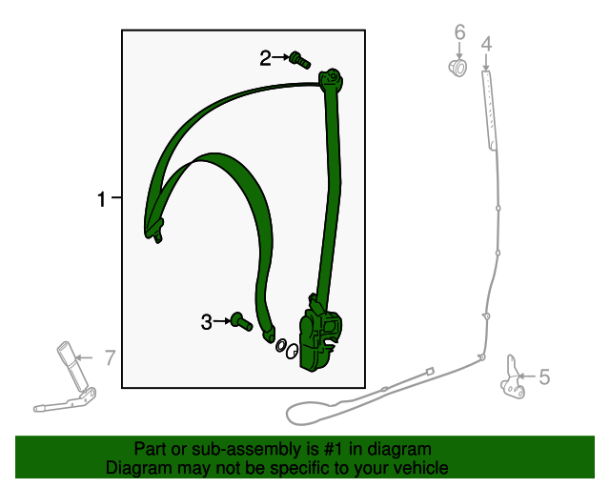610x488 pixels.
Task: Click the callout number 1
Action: tap(101, 199)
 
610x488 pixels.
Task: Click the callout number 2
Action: tap(266, 59)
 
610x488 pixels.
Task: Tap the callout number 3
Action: tap(207, 322)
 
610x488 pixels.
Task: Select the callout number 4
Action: tap(486, 44)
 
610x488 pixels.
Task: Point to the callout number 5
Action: tap(544, 377)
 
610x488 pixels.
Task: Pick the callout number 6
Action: tap(459, 33)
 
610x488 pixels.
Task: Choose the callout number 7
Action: tap(110, 358)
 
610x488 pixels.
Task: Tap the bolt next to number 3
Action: tap(242, 322)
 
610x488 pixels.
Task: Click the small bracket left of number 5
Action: tap(514, 376)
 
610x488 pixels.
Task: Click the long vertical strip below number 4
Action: tap(489, 109)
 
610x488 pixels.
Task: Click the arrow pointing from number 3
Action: tap(224, 322)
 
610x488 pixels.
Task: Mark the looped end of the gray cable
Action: tap(306, 413)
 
